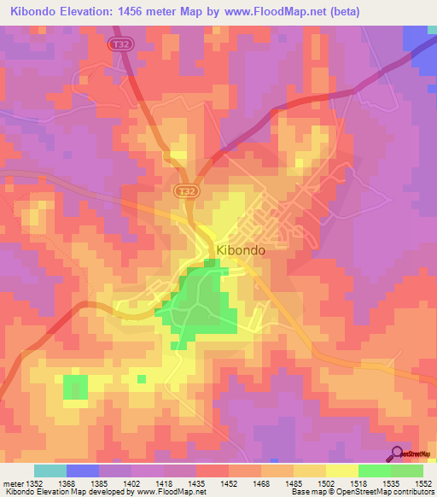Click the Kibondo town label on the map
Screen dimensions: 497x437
(x=241, y=251)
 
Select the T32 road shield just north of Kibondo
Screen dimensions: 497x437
(x=185, y=192)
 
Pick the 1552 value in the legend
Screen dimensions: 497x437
(x=422, y=482)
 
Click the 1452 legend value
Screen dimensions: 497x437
(x=228, y=482)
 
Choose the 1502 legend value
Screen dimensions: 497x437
(x=325, y=482)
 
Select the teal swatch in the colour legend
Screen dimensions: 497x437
(x=50, y=471)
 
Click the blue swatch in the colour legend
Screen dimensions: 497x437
(x=83, y=471)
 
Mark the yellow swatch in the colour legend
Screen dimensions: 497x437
(x=341, y=471)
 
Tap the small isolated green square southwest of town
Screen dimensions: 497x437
(x=75, y=386)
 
